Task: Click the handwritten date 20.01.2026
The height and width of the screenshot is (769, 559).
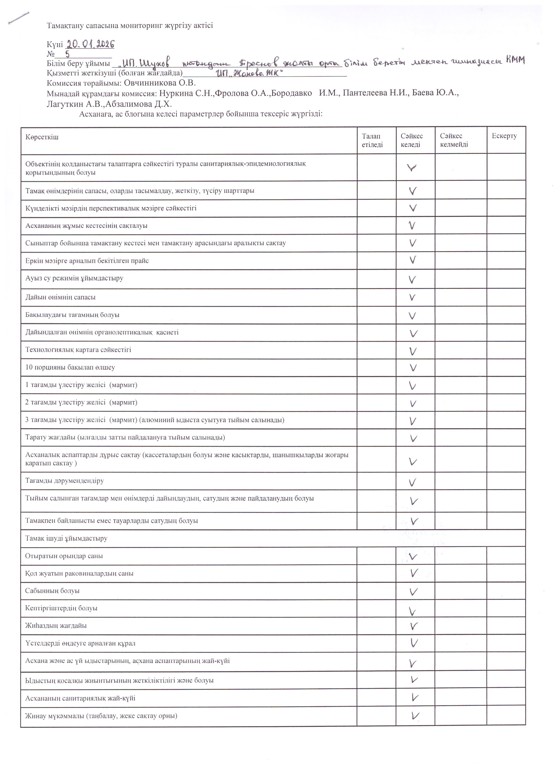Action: point(90,44)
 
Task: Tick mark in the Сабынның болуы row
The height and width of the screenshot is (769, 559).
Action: point(413,592)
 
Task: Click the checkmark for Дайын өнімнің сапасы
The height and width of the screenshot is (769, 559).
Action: point(412,297)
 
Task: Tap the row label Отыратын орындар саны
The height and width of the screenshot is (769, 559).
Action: point(64,556)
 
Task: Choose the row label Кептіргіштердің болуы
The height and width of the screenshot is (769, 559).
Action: point(61,608)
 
